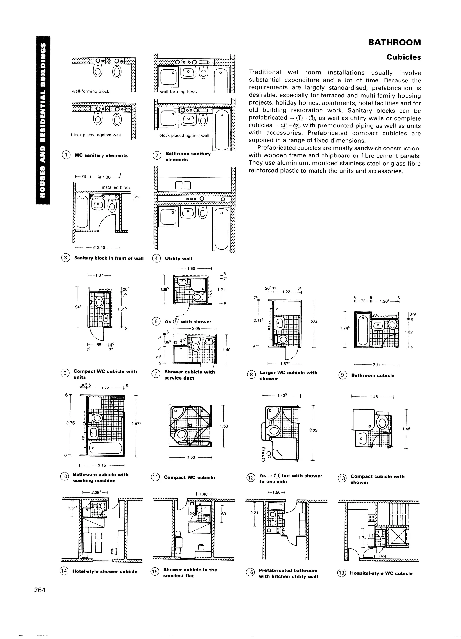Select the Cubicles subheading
click(404, 57)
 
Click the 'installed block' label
click(116, 187)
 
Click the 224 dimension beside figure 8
click(314, 322)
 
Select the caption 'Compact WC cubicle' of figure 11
click(189, 477)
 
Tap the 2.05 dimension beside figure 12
click(313, 430)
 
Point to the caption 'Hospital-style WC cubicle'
click(381, 573)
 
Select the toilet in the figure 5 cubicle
click(99, 303)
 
